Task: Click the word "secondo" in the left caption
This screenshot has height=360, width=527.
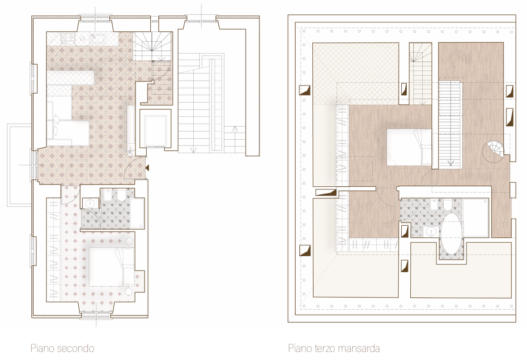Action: click(x=78, y=348)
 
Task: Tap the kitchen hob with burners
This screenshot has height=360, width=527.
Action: click(x=68, y=39)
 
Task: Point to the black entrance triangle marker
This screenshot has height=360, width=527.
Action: click(x=147, y=167)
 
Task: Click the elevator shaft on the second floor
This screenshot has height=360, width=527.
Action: click(x=155, y=131)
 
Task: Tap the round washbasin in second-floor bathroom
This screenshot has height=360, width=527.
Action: click(x=90, y=204)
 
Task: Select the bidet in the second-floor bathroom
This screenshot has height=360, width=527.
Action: click(x=107, y=196)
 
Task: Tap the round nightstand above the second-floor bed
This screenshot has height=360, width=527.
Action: click(x=129, y=241)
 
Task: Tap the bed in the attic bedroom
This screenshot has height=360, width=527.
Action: click(x=409, y=147)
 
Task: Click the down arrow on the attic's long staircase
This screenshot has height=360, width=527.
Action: click(x=450, y=163)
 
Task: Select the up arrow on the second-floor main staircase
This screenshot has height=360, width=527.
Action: click(x=234, y=129)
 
